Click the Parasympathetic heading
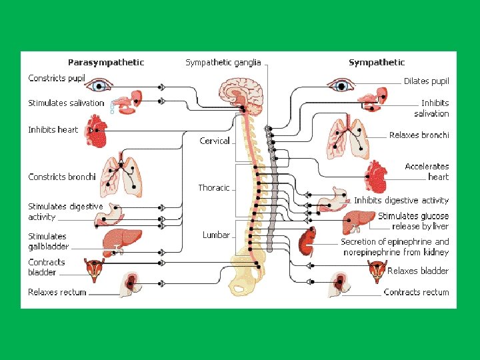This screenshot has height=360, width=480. [106, 63]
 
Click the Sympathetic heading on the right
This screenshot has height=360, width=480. [376, 63]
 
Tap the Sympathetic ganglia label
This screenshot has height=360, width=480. [223, 63]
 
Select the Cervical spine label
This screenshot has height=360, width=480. [215, 141]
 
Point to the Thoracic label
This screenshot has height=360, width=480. [213, 187]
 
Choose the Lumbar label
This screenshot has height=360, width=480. [216, 235]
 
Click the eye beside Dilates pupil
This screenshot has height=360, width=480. [341, 85]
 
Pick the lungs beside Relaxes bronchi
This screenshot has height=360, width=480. [347, 139]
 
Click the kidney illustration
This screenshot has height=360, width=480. [307, 242]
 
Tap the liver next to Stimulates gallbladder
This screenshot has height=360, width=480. [123, 240]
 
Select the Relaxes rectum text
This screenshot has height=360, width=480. [57, 292]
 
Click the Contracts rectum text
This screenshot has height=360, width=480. [416, 292]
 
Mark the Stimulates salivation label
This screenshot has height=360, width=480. [66, 103]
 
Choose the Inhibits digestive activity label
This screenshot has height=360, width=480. [401, 200]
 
